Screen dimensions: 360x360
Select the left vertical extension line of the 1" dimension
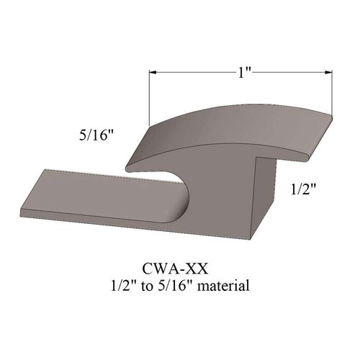[149, 97]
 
